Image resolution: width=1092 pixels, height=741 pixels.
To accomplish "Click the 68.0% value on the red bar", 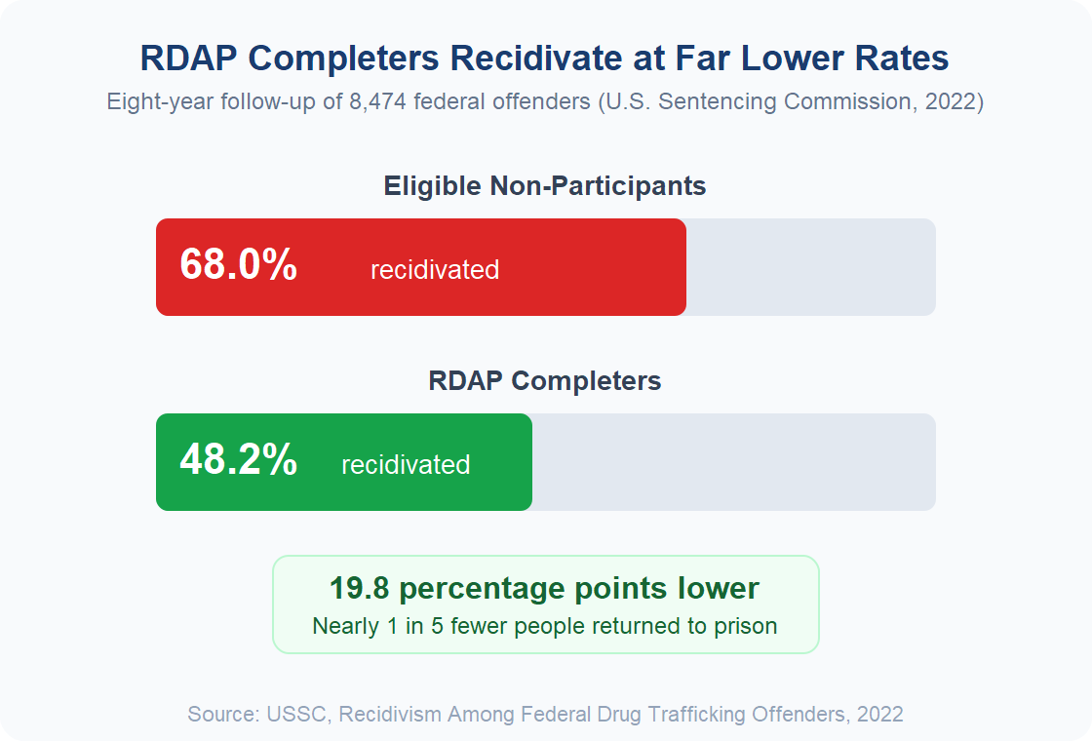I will [238, 266].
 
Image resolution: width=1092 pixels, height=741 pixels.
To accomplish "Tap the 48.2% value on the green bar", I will [238, 461].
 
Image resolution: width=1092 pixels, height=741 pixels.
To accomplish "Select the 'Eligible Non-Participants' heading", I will [545, 186].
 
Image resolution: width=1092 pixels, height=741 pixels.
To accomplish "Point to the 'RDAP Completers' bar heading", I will [545, 381].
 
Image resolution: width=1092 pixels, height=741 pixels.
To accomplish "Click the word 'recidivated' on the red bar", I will [435, 270].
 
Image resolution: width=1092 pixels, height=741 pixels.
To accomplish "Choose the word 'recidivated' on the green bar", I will [406, 465].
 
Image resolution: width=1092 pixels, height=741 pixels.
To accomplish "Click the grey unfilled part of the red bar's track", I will [810, 267].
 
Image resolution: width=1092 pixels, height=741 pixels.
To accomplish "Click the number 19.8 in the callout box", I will [361, 589].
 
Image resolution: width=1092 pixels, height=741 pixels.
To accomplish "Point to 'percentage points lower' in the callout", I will [579, 589].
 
